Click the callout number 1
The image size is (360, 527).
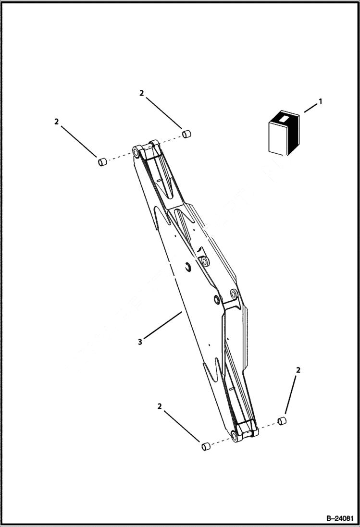(x=321, y=102)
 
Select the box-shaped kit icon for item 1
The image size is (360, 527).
(x=284, y=134)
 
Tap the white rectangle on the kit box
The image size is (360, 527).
(x=284, y=117)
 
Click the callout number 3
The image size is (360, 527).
(x=140, y=342)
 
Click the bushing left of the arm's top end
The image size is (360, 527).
(x=101, y=162)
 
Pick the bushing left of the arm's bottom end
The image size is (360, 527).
(x=205, y=447)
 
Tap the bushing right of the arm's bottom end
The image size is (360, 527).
(x=282, y=421)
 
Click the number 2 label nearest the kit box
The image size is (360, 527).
(x=141, y=93)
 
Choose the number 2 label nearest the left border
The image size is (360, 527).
(x=57, y=122)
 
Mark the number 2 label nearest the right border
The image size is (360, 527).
(x=298, y=370)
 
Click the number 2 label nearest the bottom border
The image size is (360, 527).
(x=159, y=406)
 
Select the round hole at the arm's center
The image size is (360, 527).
(x=205, y=261)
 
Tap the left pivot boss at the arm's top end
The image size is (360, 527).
(x=137, y=152)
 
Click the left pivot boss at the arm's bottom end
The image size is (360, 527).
(x=235, y=436)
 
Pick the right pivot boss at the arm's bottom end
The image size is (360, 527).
(x=253, y=426)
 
